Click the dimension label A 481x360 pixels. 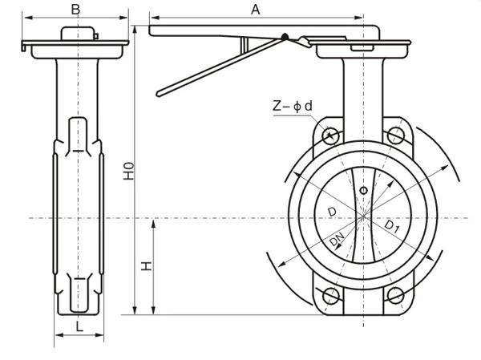coord(256,9)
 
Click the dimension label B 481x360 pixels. coord(75,9)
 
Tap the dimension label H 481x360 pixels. coord(147,265)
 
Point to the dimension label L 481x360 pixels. coord(78,326)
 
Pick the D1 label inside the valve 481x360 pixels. coord(392,228)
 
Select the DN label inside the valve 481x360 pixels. coord(338,242)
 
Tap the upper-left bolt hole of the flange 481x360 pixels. coord(331,135)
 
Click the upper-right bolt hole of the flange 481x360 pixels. coord(394,135)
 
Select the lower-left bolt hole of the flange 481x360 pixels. coord(331,294)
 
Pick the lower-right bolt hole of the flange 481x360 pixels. coord(394,294)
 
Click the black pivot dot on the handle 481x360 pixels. coord(283,36)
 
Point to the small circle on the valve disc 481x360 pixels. coord(363,190)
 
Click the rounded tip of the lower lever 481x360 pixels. coord(160,91)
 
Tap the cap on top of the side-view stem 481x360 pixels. coord(79,34)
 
